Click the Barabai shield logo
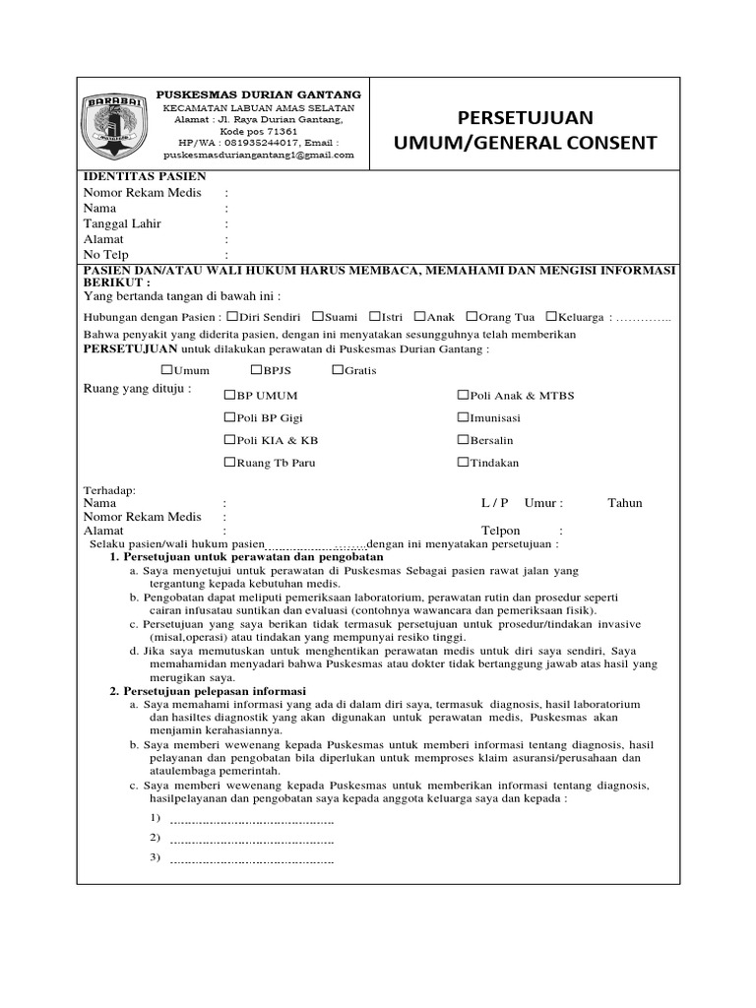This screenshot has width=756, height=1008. coord(117,125)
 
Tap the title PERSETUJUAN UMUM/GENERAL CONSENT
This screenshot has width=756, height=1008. coord(524,130)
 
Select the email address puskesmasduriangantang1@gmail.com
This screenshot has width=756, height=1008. coord(259,155)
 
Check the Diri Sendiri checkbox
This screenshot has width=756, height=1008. coord(232,317)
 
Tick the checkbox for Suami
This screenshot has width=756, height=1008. coord(318,317)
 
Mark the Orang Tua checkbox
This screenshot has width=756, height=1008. coord(472,317)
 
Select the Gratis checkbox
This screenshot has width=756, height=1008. coord(338,370)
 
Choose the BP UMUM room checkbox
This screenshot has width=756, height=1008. coord(229,395)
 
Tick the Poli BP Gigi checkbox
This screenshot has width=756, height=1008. coord(229,417)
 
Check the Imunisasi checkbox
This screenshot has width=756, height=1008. coord(463,417)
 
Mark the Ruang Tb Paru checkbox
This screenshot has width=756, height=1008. coord(229,463)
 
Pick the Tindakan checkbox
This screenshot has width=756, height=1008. coord(463,463)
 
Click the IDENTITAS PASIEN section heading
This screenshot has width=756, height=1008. coord(144,176)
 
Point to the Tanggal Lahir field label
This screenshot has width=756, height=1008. coord(122,223)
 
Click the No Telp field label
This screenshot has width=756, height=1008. coord(106,255)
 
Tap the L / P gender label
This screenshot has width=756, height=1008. coord(494,503)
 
